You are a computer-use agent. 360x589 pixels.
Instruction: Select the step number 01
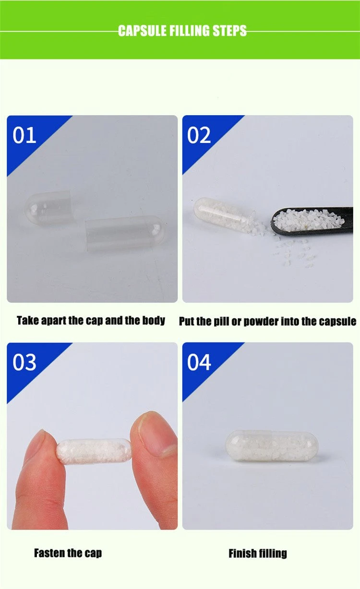click(x=24, y=135)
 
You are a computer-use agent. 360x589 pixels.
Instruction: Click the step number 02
click(x=199, y=135)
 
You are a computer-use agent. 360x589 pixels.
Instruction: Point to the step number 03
click(x=24, y=362)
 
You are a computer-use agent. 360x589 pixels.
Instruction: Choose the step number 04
click(x=199, y=362)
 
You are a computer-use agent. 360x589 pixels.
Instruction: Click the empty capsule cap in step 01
click(x=48, y=208)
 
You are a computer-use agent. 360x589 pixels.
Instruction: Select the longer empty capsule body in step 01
click(x=125, y=233)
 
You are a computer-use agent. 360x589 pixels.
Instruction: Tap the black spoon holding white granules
click(x=312, y=221)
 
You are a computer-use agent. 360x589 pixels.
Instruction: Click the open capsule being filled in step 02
click(x=225, y=214)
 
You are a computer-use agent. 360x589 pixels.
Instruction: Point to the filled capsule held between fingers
click(x=94, y=451)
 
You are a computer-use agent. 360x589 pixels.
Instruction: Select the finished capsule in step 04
click(x=272, y=446)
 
